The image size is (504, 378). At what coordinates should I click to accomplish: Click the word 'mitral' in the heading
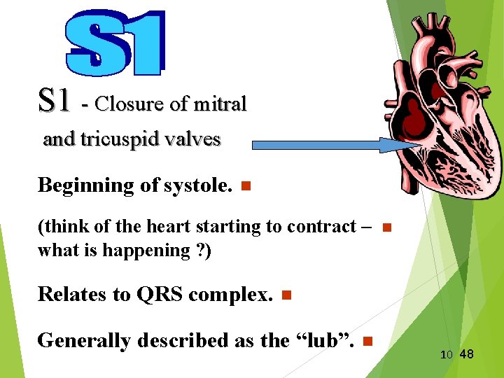click(x=220, y=104)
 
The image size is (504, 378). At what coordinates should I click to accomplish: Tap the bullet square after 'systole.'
click(x=244, y=186)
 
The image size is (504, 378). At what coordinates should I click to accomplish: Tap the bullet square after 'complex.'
click(x=284, y=295)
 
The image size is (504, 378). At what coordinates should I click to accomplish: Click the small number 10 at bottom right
click(x=447, y=355)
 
